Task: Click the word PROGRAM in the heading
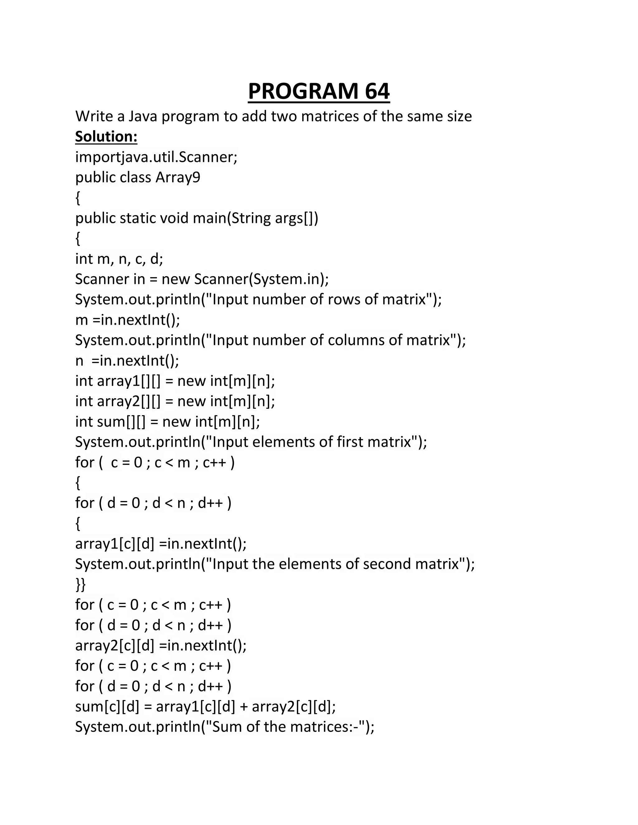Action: [x=303, y=92]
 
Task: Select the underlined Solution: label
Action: [x=106, y=136]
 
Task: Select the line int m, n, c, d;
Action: [x=119, y=259]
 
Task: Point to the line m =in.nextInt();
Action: [x=127, y=320]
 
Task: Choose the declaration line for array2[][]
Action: [x=175, y=401]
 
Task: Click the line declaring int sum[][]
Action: [x=167, y=422]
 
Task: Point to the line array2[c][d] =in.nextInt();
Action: [x=161, y=646]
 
